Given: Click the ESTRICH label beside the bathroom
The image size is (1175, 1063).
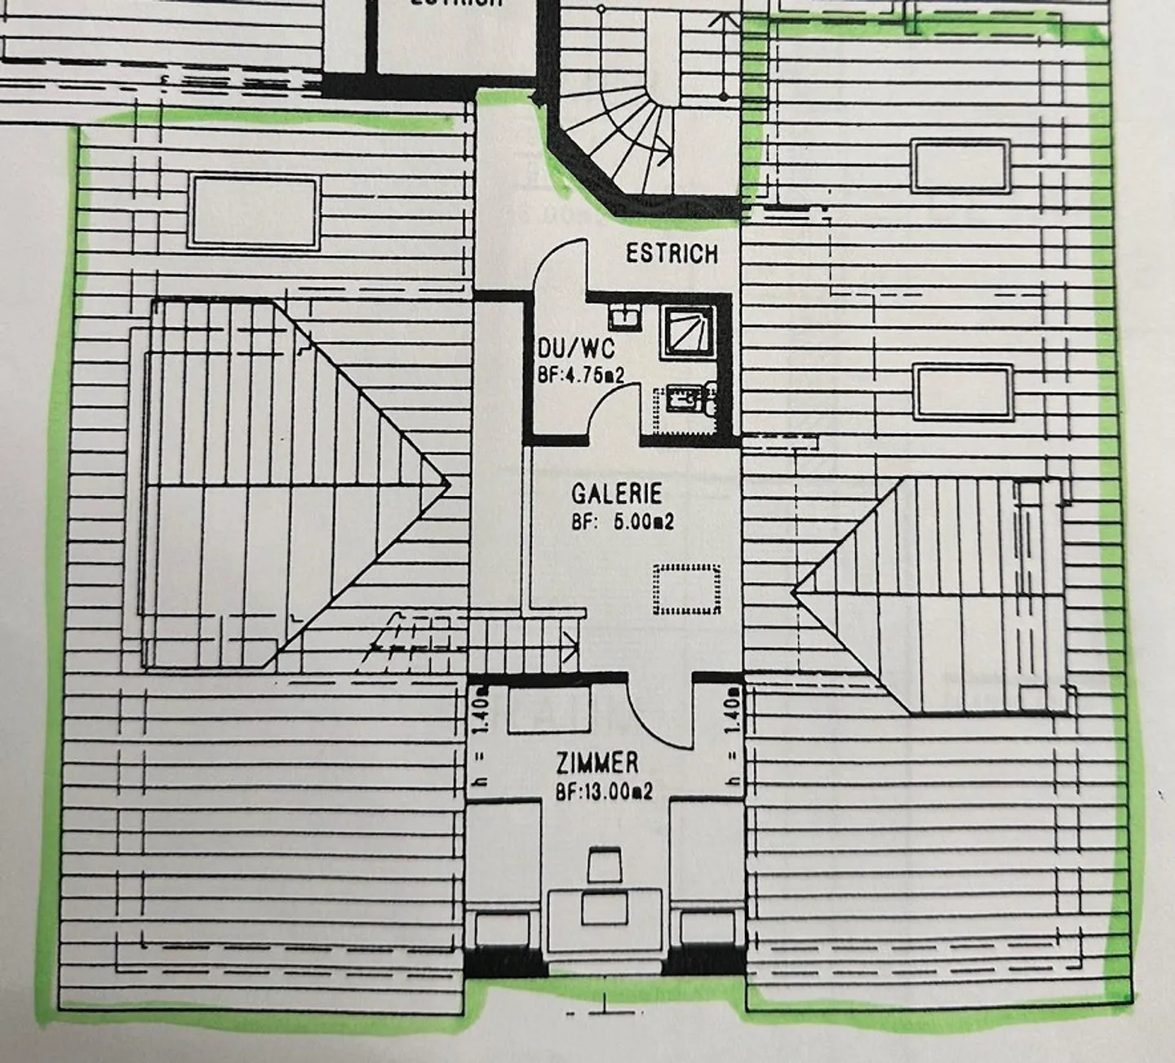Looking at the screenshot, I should pos(672,254).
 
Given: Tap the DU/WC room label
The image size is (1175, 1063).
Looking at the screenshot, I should pos(576,349).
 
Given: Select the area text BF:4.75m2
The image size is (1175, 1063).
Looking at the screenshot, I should pos(580,375).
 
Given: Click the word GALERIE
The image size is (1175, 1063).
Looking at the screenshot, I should pos(616,494).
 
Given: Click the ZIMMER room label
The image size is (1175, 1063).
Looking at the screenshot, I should pos(597,764).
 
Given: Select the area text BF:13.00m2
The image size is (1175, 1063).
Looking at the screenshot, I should pos(603,791).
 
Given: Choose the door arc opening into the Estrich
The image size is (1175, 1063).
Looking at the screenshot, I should pos(559,265).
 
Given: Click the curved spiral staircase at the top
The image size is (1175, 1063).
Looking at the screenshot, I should pos(628,131).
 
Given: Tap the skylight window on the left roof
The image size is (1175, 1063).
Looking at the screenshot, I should pos(253,211).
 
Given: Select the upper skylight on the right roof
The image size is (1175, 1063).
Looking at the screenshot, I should pos(960,166).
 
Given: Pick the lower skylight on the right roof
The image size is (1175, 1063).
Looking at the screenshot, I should pos(963,392).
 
